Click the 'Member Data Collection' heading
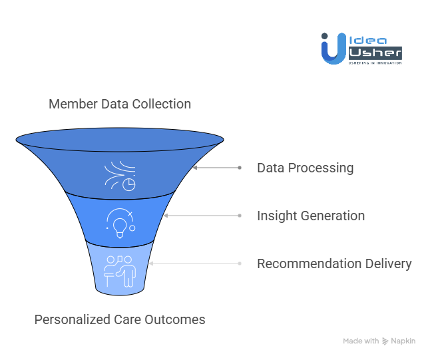[120, 104]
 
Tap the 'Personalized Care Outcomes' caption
[120, 319]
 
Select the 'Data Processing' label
[305, 168]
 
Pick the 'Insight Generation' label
[311, 216]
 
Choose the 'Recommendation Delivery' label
[334, 264]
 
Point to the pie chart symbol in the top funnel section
[128, 183]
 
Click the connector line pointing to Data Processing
[216, 168]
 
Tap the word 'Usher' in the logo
[375, 52]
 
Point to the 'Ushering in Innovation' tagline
[375, 63]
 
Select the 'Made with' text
[360, 341]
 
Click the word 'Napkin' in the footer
[403, 341]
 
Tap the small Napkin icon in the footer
[385, 341]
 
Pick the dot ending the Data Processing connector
[240, 168]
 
